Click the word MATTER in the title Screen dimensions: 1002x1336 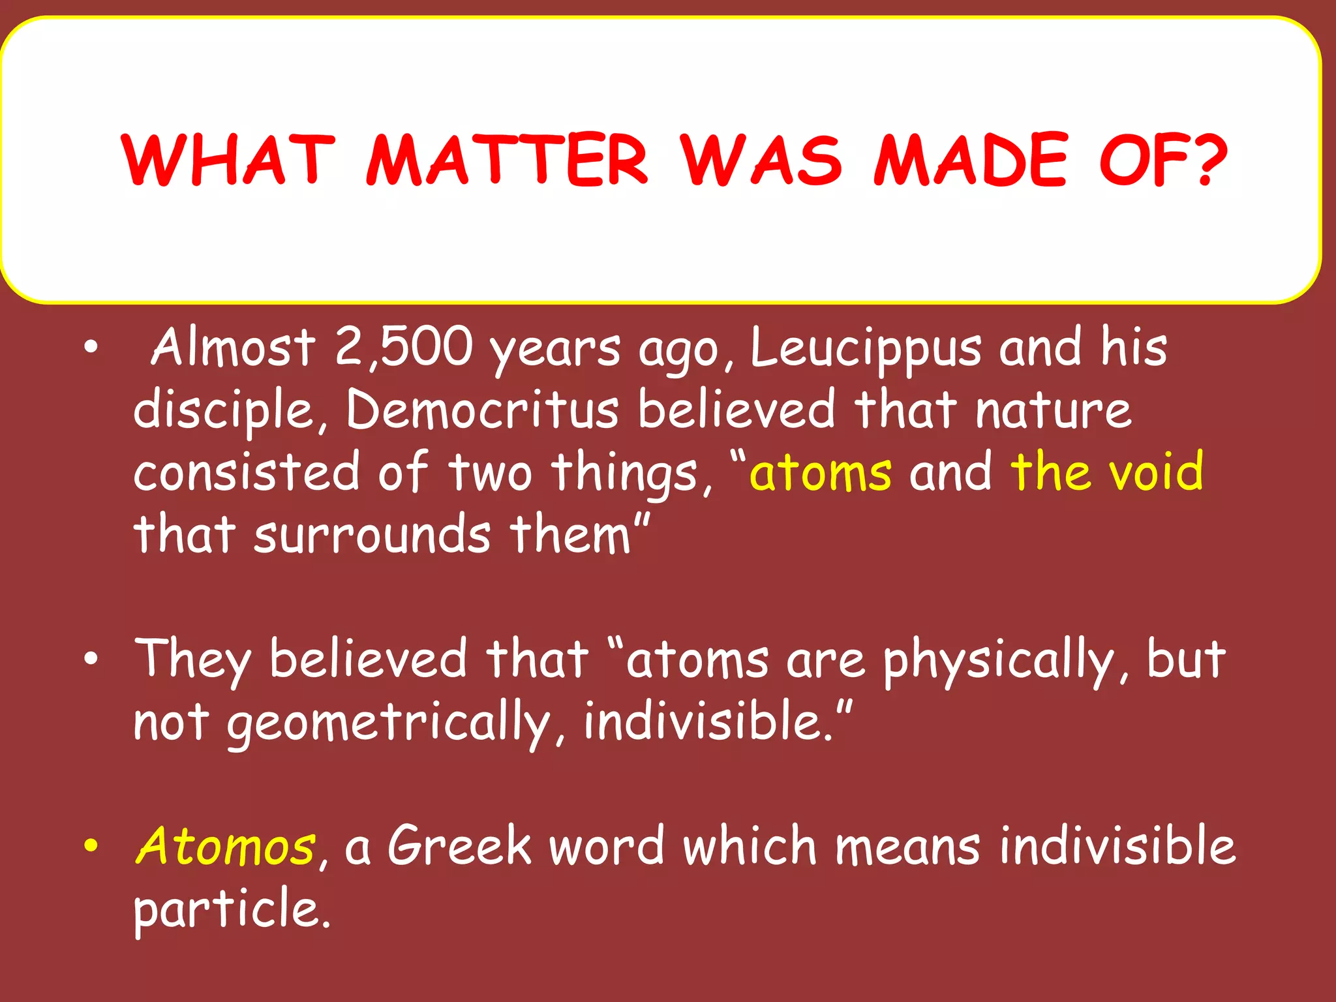(507, 160)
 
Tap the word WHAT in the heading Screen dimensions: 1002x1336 (228, 160)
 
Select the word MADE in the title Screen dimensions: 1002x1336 (971, 160)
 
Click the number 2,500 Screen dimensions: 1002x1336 (403, 347)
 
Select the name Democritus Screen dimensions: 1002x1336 (482, 410)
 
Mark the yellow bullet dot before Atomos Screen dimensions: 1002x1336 (91, 845)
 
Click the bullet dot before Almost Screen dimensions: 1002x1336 (91, 346)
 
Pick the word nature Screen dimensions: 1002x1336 (1054, 410)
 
